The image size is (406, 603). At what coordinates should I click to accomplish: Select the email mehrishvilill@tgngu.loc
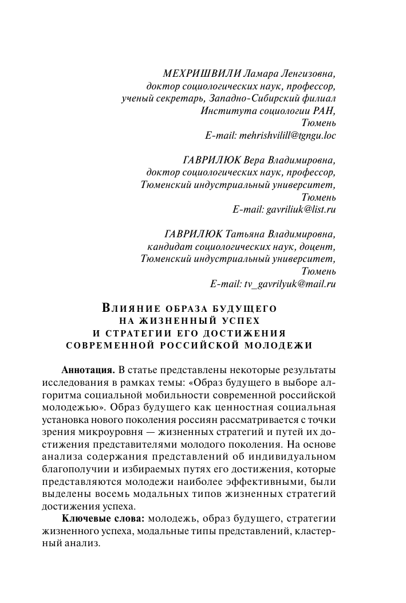[x=270, y=136]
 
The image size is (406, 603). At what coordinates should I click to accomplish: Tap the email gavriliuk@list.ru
[x=284, y=209]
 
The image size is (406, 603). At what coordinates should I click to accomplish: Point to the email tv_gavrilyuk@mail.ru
[x=273, y=283]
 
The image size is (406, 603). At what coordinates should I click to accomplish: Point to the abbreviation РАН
[x=322, y=111]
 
